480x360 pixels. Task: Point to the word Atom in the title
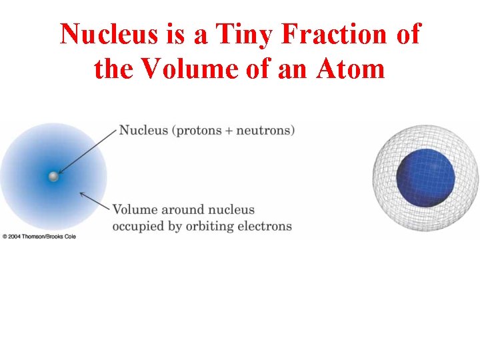tap(353, 69)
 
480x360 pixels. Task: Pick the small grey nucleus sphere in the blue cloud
tap(53, 177)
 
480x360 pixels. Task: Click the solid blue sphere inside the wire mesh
tap(425, 178)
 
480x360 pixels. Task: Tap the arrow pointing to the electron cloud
tap(93, 201)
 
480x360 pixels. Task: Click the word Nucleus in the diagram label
tap(143, 130)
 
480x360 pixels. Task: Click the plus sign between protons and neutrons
tap(229, 131)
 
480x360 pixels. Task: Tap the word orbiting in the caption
tap(210, 227)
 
